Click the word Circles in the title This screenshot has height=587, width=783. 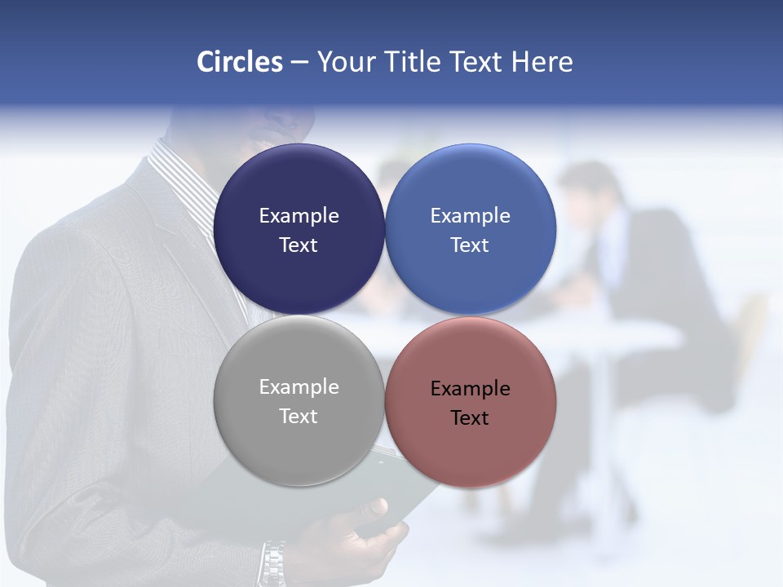click(240, 62)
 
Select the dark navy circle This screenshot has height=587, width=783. click(299, 192)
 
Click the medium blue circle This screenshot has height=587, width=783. click(471, 192)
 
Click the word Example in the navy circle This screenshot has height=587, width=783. click(299, 215)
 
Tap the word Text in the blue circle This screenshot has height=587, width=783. click(470, 245)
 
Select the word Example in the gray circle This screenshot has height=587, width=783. click(299, 386)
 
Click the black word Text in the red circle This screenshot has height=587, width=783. click(470, 417)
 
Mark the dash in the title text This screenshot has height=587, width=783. click(299, 63)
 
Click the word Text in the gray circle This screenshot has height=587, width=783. click(299, 416)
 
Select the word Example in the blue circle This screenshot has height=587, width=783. click(470, 215)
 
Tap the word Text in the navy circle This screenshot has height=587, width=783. click(299, 245)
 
